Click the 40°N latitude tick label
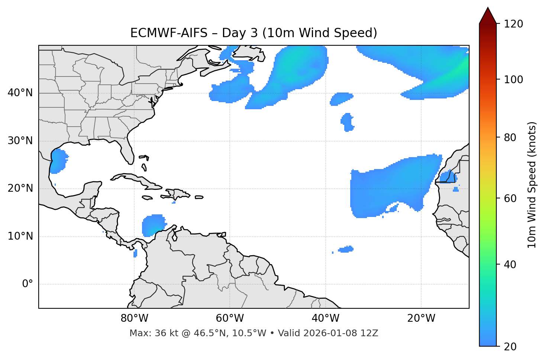tap(20, 93)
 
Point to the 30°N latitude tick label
tap(20, 141)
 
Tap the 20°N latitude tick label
tap(20, 188)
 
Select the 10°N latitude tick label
tap(20, 236)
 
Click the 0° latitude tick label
tap(28, 284)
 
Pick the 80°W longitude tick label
tap(134, 318)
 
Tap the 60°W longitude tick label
tap(230, 318)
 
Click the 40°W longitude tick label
tap(325, 318)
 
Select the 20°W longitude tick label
tap(421, 318)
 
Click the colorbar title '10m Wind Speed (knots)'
tap(532, 185)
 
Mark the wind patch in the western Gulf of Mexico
tap(58, 161)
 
